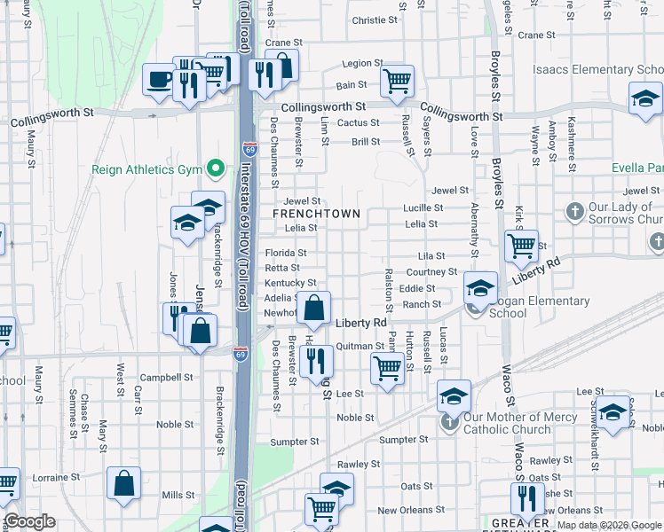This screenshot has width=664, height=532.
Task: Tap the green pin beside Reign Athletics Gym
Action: (x=215, y=168)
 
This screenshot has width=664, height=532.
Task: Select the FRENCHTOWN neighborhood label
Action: (x=316, y=214)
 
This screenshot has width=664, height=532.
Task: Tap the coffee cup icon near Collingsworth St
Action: (x=160, y=79)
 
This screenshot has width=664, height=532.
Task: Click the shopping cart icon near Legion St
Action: (x=398, y=82)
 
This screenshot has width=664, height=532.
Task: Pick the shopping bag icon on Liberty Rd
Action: (x=314, y=309)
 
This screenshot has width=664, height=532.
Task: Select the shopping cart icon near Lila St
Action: (x=521, y=245)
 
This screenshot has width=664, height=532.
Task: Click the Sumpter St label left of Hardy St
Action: (x=294, y=442)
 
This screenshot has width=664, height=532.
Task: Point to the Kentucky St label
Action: (x=284, y=283)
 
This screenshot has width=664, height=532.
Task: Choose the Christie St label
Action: (x=368, y=20)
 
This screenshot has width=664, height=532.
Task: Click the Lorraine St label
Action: (x=57, y=477)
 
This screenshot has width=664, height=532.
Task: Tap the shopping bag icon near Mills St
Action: (x=124, y=484)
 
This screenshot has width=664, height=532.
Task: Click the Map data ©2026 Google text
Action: (x=608, y=525)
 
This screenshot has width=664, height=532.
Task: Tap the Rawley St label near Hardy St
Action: (x=359, y=464)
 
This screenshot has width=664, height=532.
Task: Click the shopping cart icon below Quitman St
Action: (x=386, y=368)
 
